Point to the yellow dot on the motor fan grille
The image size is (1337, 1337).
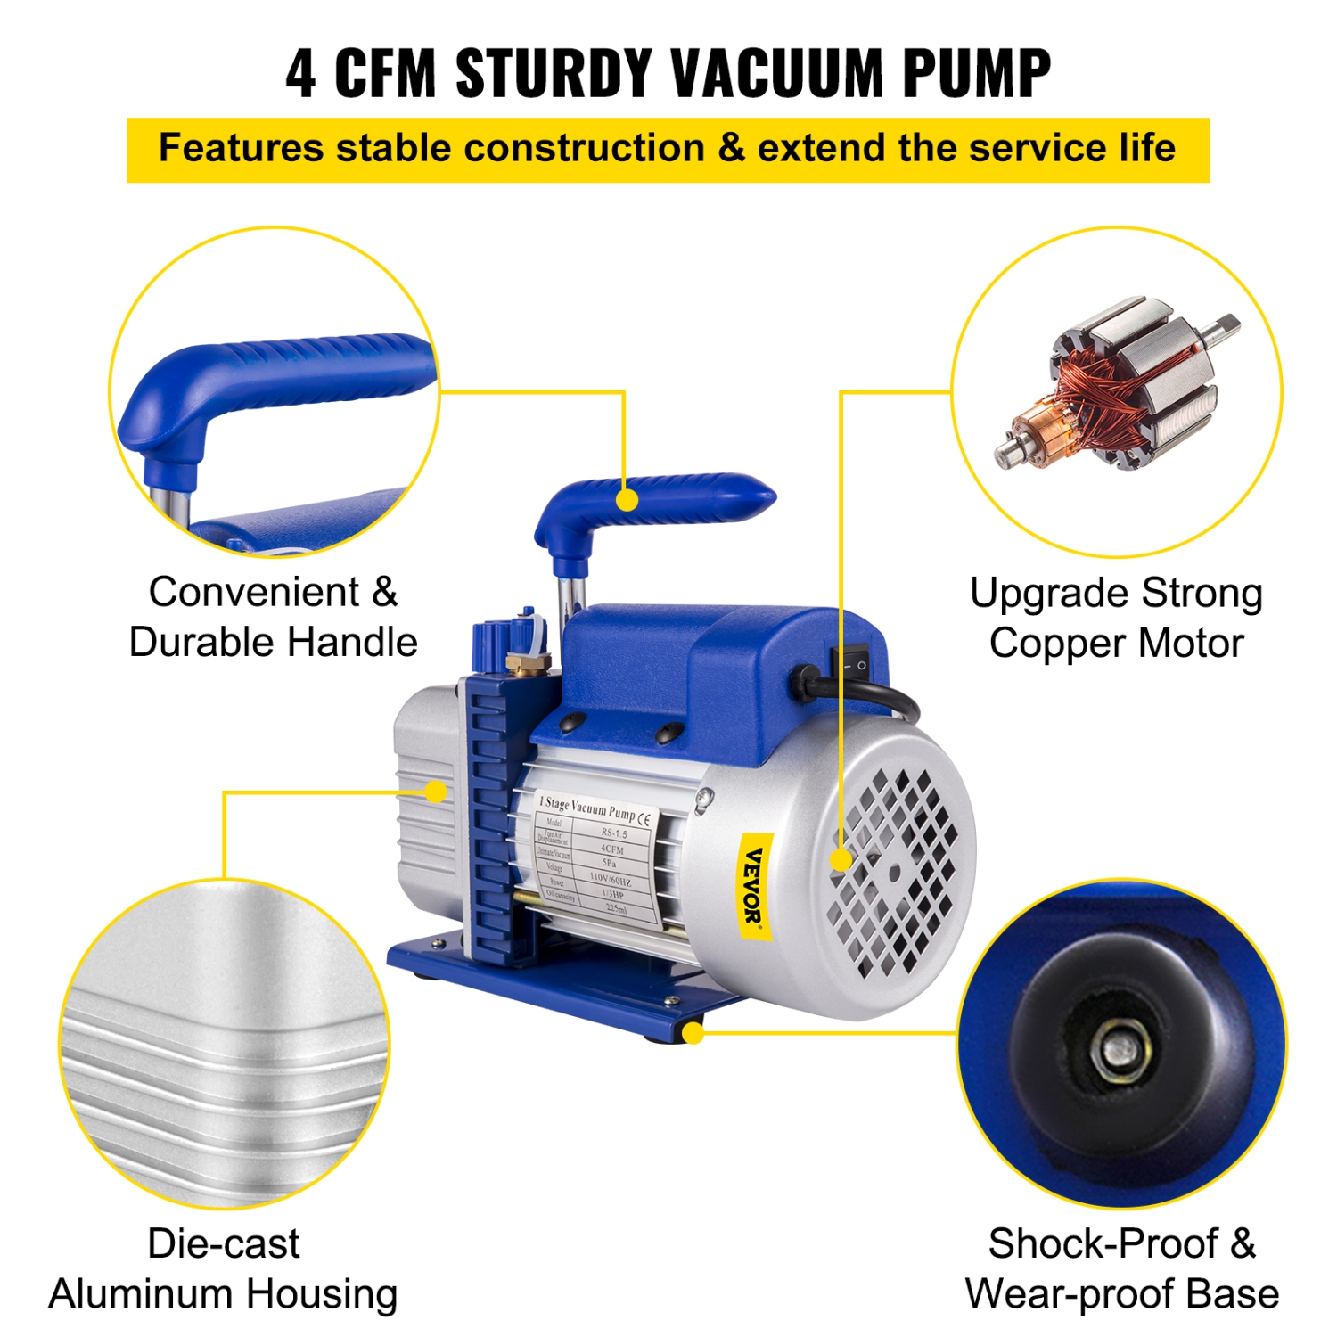pos(841,859)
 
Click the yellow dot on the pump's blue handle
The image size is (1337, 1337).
pos(627,500)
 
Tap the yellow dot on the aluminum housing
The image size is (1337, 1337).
pos(436,792)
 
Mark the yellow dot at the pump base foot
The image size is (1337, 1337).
pos(693,1033)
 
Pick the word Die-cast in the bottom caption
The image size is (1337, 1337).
pos(223,1243)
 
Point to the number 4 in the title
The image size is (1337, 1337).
pos(301,73)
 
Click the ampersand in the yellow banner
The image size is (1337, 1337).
pos(731,148)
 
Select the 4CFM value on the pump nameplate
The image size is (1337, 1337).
pos(612,849)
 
